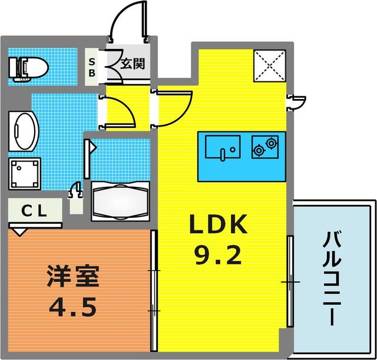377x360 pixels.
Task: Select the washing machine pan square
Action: coord(24,174)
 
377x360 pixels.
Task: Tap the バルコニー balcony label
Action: coord(334,277)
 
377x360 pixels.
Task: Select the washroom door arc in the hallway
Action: coord(121,112)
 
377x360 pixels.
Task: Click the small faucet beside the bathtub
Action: coord(76,190)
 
